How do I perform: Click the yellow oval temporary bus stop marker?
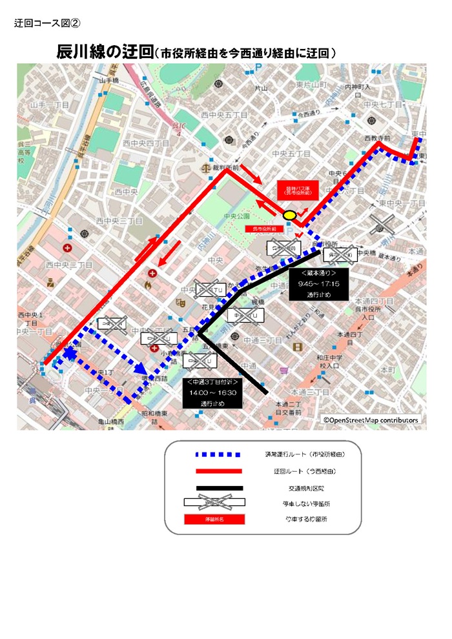click(290, 214)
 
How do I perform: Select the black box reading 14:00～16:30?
click(212, 392)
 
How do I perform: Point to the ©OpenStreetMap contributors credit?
click(371, 420)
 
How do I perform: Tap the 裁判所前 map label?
click(227, 167)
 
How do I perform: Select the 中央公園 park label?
click(232, 216)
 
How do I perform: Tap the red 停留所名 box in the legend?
click(214, 519)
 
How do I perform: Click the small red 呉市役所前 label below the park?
click(260, 228)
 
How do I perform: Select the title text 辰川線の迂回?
click(105, 52)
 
